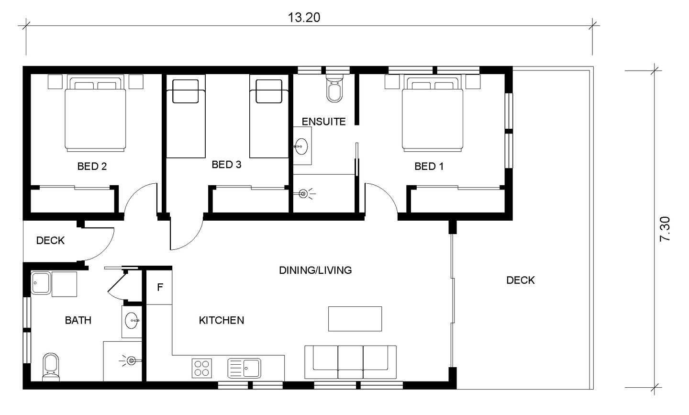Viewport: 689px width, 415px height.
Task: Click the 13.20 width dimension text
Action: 304,18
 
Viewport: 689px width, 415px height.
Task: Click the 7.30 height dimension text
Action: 665,229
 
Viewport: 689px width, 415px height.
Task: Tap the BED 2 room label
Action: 92,167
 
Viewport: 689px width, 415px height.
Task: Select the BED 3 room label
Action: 226,165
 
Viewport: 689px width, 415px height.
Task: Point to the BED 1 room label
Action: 429,167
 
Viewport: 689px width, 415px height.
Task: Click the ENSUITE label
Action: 323,122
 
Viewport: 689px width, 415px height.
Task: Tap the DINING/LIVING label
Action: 315,270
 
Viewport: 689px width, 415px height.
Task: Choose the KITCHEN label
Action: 222,320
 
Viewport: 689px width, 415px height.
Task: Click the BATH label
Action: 78,320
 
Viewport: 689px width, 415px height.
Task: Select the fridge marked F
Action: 159,287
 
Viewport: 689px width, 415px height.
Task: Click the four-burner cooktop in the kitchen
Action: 202,368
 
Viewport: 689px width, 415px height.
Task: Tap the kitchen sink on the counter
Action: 244,368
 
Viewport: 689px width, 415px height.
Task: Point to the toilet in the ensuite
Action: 334,88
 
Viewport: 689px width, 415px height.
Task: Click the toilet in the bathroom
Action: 51,367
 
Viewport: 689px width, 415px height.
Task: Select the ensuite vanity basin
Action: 301,146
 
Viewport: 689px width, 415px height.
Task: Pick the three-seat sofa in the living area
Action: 350,362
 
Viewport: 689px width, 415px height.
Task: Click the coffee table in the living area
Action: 355,319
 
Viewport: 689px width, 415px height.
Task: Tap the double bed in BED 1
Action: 433,113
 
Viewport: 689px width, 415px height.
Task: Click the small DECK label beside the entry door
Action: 50,240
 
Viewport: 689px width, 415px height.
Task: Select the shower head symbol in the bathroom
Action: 131,360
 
